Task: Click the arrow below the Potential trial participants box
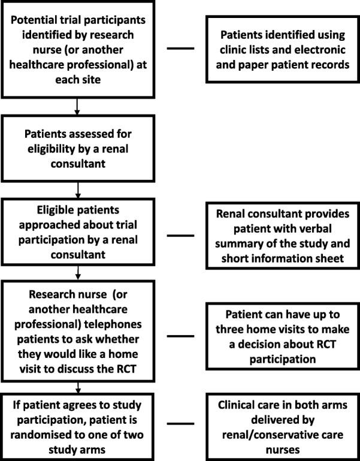tap(77, 107)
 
